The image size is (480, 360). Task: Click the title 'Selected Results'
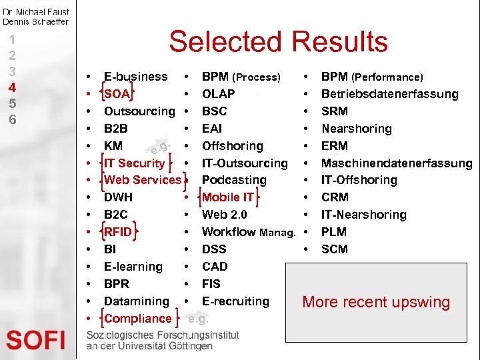278,42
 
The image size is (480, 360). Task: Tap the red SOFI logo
36,340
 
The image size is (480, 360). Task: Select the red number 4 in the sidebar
12,87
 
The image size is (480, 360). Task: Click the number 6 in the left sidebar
12,120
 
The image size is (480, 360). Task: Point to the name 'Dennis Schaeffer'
35,21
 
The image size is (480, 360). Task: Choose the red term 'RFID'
118,232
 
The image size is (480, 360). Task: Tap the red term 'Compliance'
138,319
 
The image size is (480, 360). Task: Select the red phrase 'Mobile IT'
227,197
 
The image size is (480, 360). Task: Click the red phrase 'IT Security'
135,163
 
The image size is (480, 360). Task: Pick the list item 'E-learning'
133,267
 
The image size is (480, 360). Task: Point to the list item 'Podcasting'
234,180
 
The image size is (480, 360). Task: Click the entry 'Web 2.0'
224,215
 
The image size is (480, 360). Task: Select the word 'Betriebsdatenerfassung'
389,94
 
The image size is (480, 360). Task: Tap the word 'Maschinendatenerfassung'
397,163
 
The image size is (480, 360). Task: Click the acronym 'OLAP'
218,94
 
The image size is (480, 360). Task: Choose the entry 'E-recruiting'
235,301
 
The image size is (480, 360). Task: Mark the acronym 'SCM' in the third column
334,249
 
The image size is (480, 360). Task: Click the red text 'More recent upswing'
376,302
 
